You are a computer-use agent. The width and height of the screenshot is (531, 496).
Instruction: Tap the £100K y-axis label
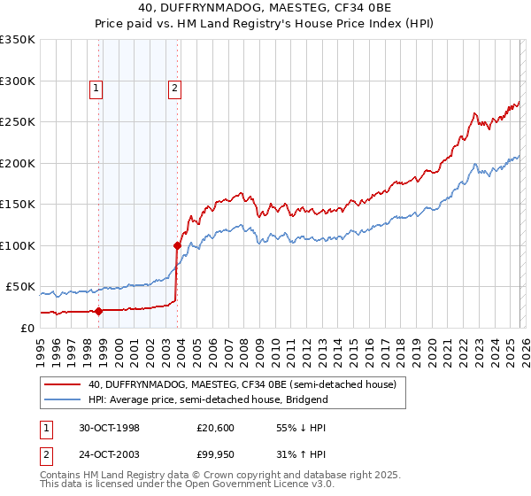18,245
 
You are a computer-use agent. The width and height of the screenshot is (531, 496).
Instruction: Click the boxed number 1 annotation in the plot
95,88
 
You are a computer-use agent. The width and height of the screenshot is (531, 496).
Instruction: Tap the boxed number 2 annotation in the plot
174,88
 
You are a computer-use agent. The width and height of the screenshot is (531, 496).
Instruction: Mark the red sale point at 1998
99,311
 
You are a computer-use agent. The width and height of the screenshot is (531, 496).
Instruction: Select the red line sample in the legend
62,384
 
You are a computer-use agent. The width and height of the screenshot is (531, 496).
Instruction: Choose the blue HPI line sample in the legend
62,399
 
